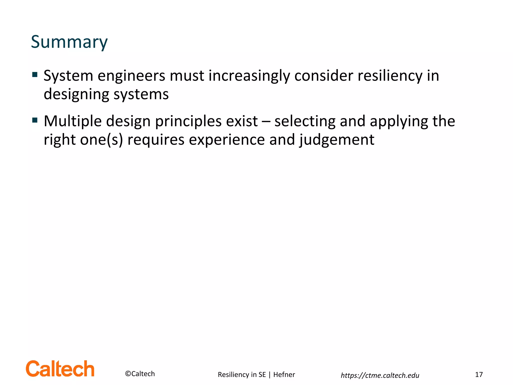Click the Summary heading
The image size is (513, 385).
tap(69, 42)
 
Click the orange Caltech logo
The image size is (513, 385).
tap(60, 369)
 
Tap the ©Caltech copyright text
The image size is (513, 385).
tap(140, 374)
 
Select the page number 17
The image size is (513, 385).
tap(479, 374)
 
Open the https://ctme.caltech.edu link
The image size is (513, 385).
tap(380, 375)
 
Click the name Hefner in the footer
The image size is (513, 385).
tap(284, 374)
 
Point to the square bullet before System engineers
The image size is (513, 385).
tap(35, 75)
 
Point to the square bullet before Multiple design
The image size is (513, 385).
tap(35, 121)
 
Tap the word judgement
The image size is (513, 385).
tap(337, 140)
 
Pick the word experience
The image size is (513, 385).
tap(227, 140)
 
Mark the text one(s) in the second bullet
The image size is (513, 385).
tap(101, 140)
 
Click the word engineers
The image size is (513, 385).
tap(131, 76)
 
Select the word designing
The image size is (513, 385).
tap(76, 94)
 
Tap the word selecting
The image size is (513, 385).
tap(305, 122)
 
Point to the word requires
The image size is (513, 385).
tap(156, 140)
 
